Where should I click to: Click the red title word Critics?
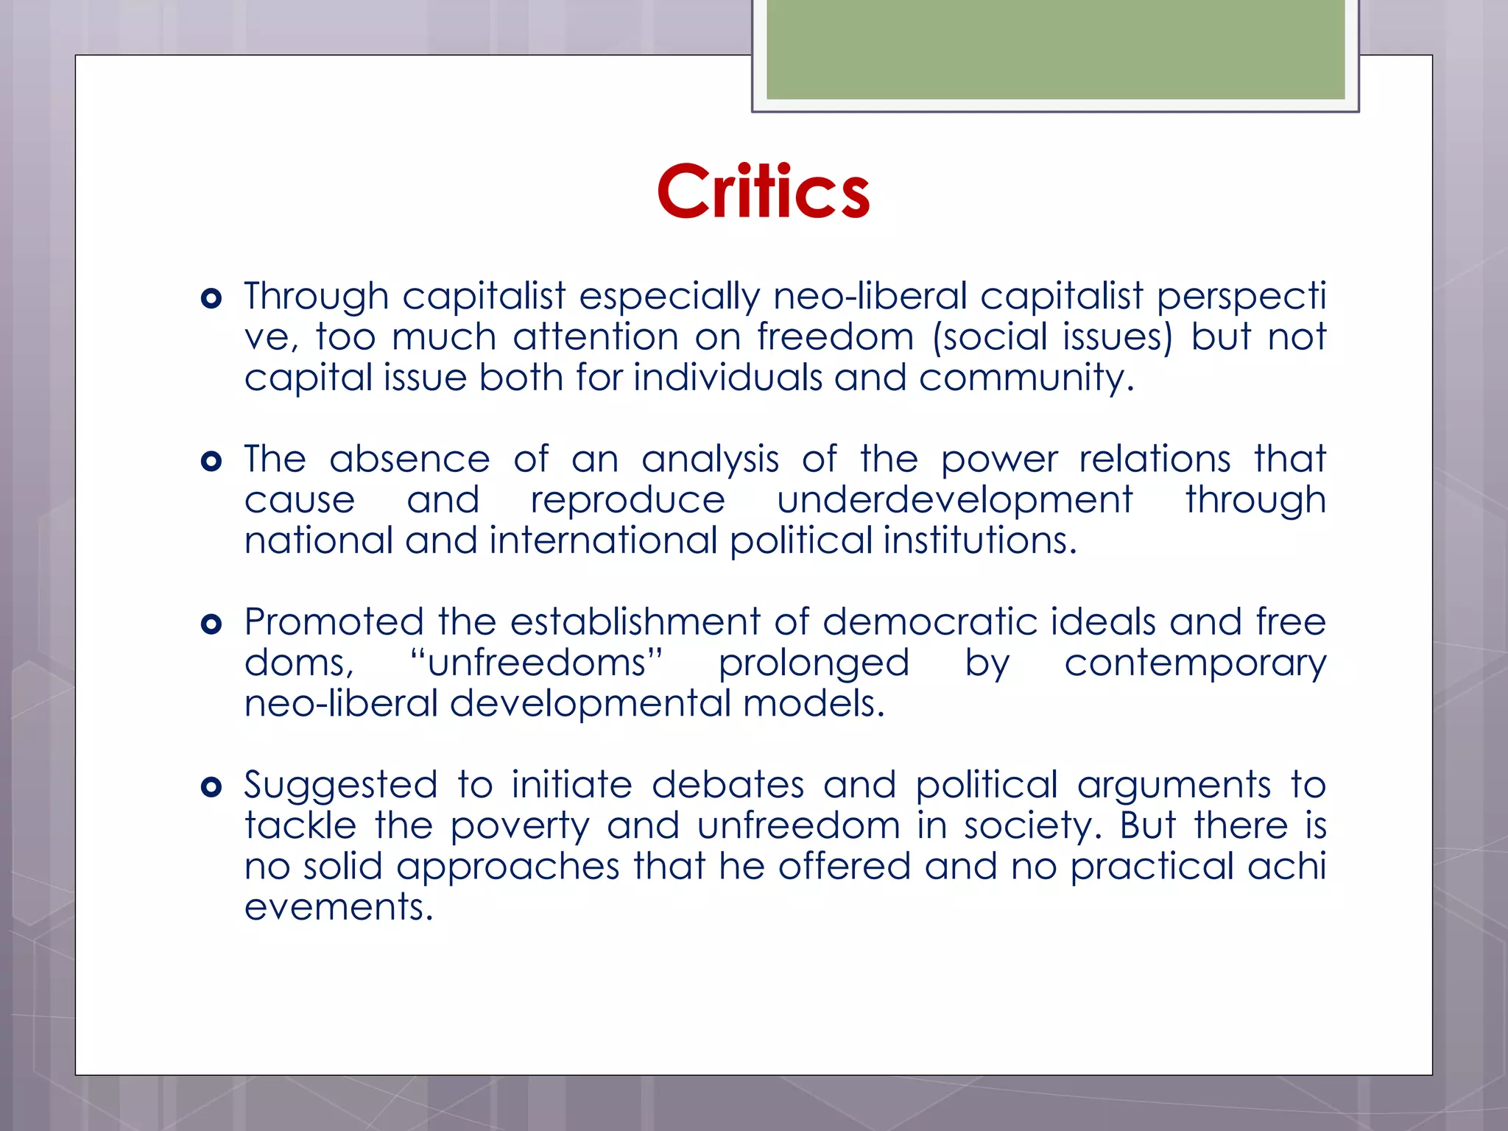tap(764, 191)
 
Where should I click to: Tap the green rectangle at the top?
tap(1055, 49)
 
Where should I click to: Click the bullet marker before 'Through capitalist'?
tap(211, 298)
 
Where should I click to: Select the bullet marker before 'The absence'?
tap(211, 462)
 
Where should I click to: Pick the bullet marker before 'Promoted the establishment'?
tap(211, 624)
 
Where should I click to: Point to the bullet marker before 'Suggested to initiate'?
tap(211, 787)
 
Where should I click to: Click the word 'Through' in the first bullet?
tap(317, 297)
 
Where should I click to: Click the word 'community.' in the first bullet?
tap(1026, 378)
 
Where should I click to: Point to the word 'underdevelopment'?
tap(955, 501)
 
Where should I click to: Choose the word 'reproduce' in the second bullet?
tap(628, 501)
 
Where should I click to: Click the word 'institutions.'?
tap(980, 541)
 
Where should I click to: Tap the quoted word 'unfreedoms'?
tap(537, 663)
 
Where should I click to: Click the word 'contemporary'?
tap(1195, 663)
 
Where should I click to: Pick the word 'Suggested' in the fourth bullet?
tap(341, 786)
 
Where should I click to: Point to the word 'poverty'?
tap(520, 827)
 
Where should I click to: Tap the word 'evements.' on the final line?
tap(339, 907)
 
